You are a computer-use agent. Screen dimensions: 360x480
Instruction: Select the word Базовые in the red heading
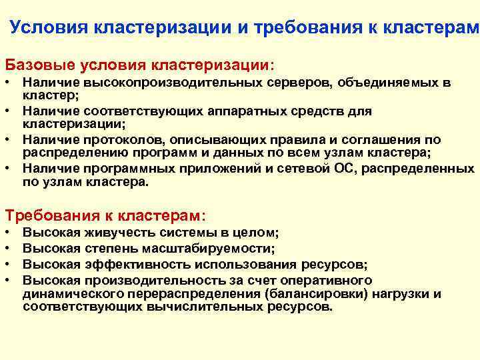coord(39,65)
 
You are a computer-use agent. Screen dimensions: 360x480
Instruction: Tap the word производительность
coord(149,279)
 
